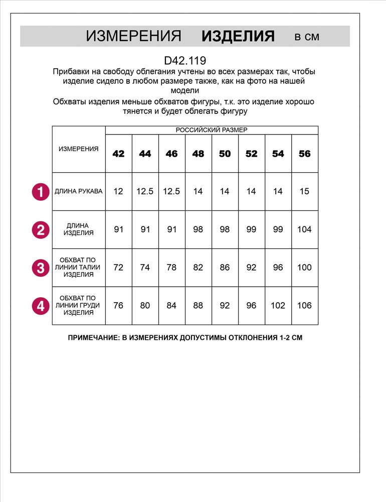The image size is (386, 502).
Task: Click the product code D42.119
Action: click(x=185, y=61)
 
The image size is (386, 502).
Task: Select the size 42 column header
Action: click(x=118, y=154)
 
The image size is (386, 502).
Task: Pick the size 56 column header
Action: click(x=304, y=154)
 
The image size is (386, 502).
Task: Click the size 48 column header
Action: click(x=198, y=154)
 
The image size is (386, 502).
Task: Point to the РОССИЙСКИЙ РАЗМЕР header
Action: click(x=211, y=130)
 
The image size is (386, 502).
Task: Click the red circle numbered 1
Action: click(x=41, y=191)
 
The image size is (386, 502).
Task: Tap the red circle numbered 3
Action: click(x=41, y=268)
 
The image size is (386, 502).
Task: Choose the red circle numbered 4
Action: click(x=41, y=306)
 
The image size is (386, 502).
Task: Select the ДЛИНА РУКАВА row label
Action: click(x=79, y=191)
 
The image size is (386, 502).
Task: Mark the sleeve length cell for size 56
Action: click(x=304, y=191)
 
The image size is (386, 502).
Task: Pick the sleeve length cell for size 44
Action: click(x=145, y=191)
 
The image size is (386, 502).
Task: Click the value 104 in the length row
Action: click(x=304, y=229)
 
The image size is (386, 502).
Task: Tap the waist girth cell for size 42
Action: click(x=118, y=268)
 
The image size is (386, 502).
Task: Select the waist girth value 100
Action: click(x=304, y=268)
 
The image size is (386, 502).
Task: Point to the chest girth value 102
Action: click(x=278, y=306)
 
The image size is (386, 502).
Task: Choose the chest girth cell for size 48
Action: click(x=198, y=306)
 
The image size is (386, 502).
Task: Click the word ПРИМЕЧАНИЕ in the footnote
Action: click(x=94, y=338)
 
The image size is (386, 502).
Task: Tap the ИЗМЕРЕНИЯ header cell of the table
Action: click(x=79, y=149)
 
